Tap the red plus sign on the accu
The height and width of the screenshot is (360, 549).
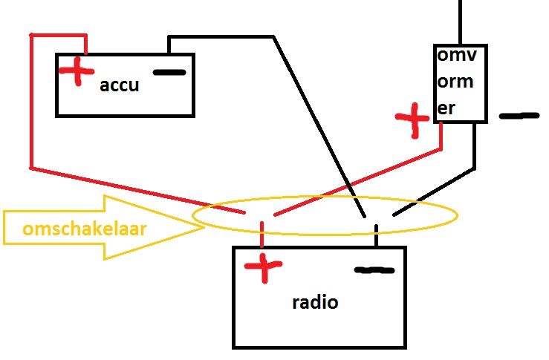coord(74,71)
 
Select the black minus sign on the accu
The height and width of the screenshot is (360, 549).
coord(169,73)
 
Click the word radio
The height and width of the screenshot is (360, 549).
coord(315,302)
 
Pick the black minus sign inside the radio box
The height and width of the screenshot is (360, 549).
coord(374,270)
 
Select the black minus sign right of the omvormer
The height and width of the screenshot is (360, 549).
coord(519,116)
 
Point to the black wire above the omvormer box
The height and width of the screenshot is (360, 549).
coord(461,22)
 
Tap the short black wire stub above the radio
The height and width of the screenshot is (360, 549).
coord(377,236)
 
